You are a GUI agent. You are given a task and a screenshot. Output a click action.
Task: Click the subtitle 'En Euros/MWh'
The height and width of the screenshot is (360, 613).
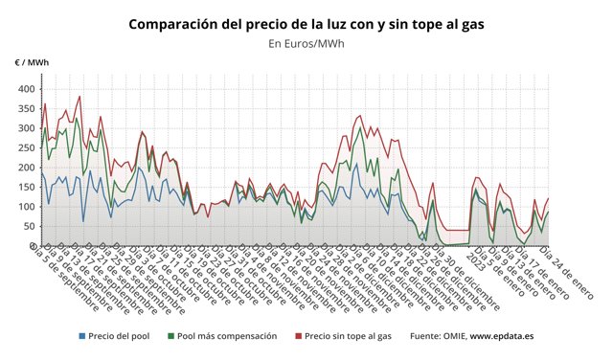click(x=306, y=43)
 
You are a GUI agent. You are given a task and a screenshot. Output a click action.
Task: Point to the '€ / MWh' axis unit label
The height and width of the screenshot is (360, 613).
click(x=32, y=62)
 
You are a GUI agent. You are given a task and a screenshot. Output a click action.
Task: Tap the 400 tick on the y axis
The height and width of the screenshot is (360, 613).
click(x=24, y=89)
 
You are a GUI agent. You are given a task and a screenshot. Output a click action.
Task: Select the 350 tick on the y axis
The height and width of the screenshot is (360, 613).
click(x=24, y=108)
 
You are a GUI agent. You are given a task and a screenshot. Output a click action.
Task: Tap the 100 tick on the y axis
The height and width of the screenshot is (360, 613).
click(x=24, y=207)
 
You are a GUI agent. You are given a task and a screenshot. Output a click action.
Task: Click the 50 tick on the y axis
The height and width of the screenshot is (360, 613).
click(x=27, y=226)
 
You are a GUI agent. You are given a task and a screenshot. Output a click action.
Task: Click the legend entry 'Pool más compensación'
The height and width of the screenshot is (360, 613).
click(x=228, y=336)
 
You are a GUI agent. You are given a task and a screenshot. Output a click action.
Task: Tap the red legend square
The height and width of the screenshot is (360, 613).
click(x=297, y=336)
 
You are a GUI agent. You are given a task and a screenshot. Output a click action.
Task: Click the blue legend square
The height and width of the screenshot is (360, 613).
click(x=82, y=336)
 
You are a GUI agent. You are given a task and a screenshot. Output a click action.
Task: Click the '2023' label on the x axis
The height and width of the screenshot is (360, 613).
click(x=475, y=256)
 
